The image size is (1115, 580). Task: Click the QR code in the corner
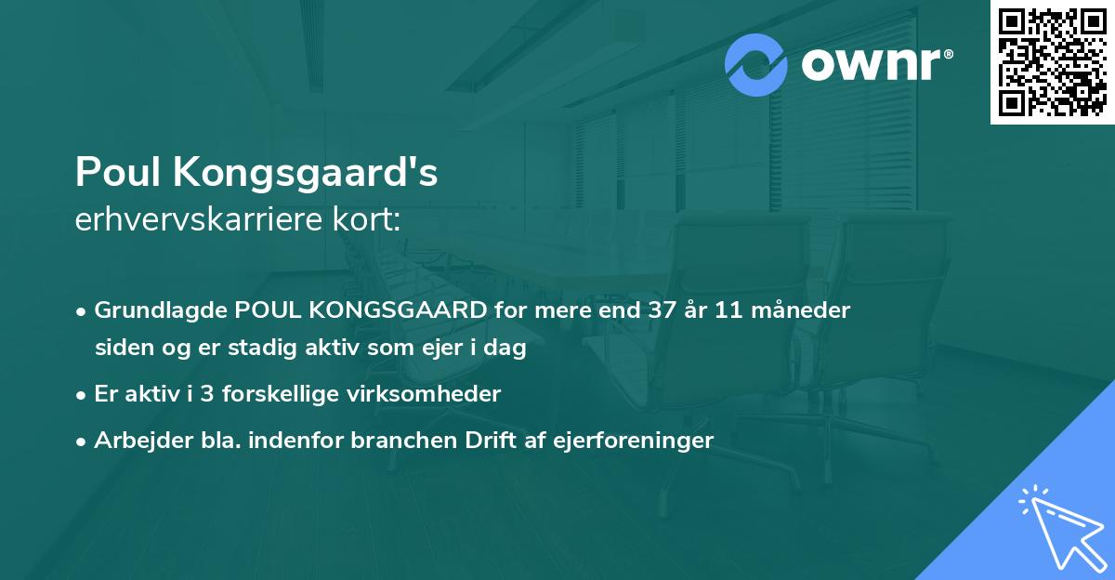coord(1052,62)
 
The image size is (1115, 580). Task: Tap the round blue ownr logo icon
coord(756,64)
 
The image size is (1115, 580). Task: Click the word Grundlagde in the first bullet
coord(162,310)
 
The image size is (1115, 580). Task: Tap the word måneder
coord(804,310)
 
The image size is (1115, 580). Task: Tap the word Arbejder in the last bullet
coord(137,441)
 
